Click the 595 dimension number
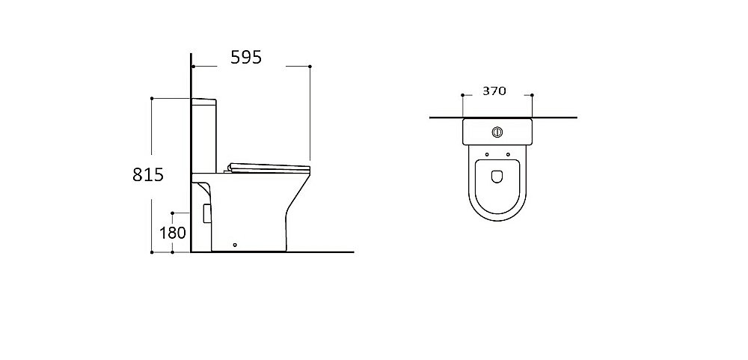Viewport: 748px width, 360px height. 246,58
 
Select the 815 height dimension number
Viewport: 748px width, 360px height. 148,174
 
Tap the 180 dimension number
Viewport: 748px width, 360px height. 172,233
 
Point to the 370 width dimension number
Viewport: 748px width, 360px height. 494,91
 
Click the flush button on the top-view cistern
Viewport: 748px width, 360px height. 497,131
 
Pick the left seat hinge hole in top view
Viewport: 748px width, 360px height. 487,154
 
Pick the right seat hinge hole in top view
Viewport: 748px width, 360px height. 508,154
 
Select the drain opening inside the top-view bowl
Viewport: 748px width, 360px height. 497,177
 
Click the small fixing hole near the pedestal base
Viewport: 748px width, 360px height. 235,245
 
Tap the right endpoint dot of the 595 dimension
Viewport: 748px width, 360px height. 310,67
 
